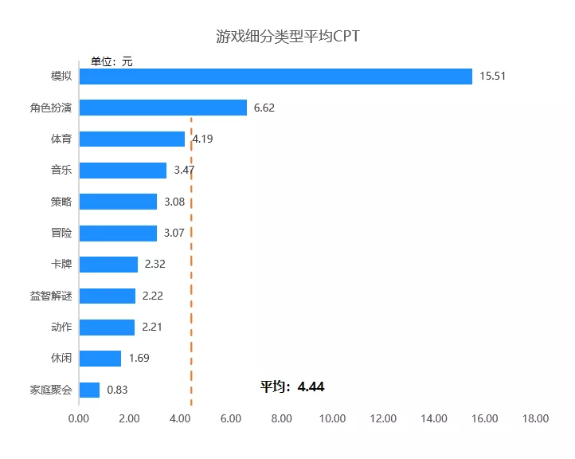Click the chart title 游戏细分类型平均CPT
287,37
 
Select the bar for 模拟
276,76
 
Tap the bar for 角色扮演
163,108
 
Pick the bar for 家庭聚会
89,390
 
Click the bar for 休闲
100,359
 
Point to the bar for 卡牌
108,265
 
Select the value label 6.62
264,108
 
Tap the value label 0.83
117,390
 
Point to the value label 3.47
184,171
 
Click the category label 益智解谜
51,296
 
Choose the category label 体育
61,139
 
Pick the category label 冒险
61,233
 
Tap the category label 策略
61,202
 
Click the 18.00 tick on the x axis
536,419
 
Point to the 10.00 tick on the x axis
332,419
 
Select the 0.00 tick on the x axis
79,419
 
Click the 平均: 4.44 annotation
292,387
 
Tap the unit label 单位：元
111,61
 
